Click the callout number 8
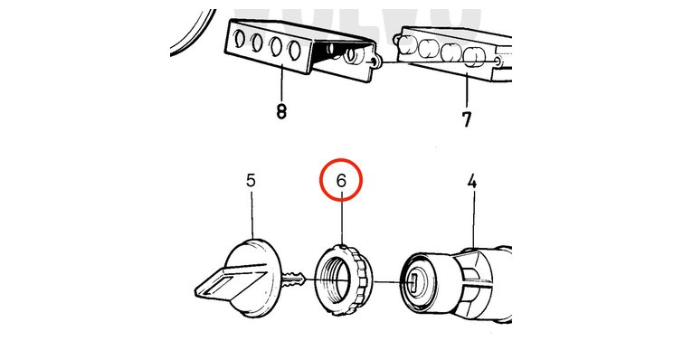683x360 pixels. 281,111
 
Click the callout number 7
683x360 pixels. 467,119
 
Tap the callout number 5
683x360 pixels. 251,180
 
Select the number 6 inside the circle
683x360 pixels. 341,180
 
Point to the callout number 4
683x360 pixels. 472,182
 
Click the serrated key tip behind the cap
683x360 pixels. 294,279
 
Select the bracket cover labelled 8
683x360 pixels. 300,51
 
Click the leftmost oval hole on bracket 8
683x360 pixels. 239,41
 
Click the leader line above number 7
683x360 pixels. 467,91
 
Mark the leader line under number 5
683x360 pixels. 252,213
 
